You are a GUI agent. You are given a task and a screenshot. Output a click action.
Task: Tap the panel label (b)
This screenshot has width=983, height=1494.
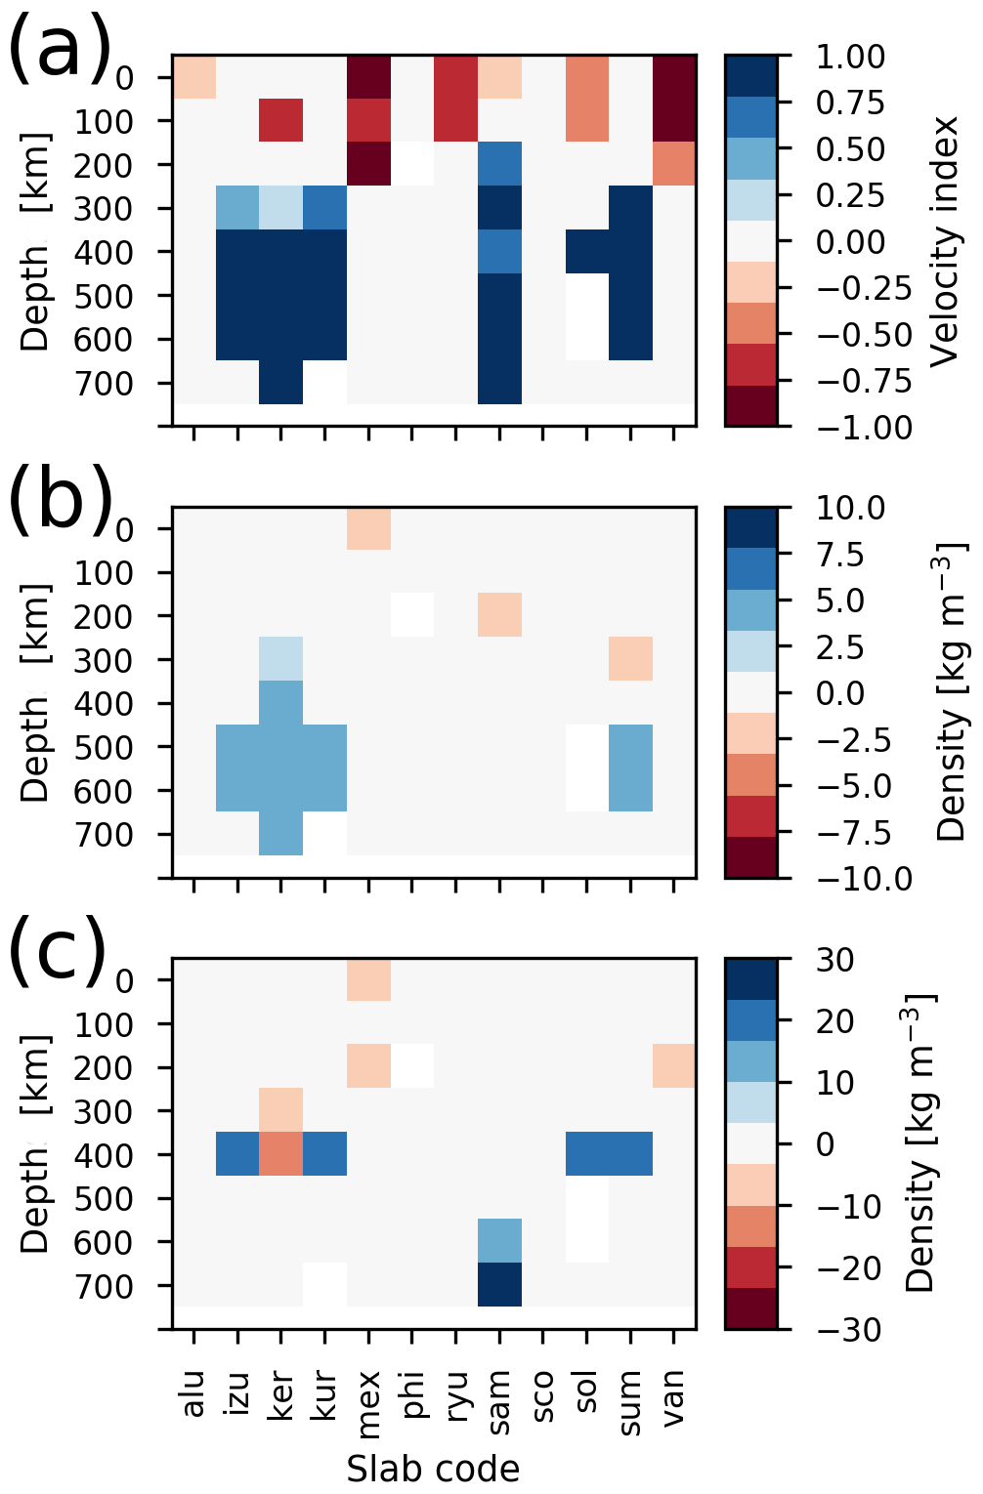pyautogui.click(x=59, y=500)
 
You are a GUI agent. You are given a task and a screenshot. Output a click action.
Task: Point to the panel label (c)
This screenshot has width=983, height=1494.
pyautogui.click(x=59, y=951)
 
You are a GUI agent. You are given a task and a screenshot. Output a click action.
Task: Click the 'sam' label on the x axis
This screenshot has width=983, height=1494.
pyautogui.click(x=500, y=1402)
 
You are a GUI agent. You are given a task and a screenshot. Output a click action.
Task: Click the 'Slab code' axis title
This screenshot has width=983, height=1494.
pyautogui.click(x=433, y=1468)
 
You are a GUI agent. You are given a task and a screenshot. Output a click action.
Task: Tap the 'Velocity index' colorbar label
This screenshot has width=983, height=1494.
pyautogui.click(x=946, y=241)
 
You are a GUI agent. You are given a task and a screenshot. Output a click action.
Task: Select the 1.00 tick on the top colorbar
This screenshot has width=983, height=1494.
pyautogui.click(x=850, y=57)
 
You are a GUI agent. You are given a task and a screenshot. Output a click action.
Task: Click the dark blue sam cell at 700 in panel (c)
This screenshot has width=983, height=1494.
pyautogui.click(x=500, y=1284)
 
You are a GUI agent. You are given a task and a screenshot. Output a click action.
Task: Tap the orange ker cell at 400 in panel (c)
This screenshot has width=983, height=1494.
pyautogui.click(x=281, y=1153)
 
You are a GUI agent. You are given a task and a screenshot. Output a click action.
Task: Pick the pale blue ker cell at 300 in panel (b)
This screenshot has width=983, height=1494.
pyautogui.click(x=281, y=658)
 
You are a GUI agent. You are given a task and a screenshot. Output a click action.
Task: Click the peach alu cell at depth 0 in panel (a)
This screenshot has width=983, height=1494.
pyautogui.click(x=194, y=77)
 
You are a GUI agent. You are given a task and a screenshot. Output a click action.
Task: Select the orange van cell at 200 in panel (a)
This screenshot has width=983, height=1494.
pyautogui.click(x=674, y=164)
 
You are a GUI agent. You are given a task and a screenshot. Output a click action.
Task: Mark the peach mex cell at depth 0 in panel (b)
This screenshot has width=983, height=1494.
pyautogui.click(x=369, y=528)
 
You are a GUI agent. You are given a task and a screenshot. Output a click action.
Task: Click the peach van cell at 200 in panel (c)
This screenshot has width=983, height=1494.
pyautogui.click(x=674, y=1065)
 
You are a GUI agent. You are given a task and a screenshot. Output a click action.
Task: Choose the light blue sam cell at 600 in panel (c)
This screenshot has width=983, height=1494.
pyautogui.click(x=500, y=1240)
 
